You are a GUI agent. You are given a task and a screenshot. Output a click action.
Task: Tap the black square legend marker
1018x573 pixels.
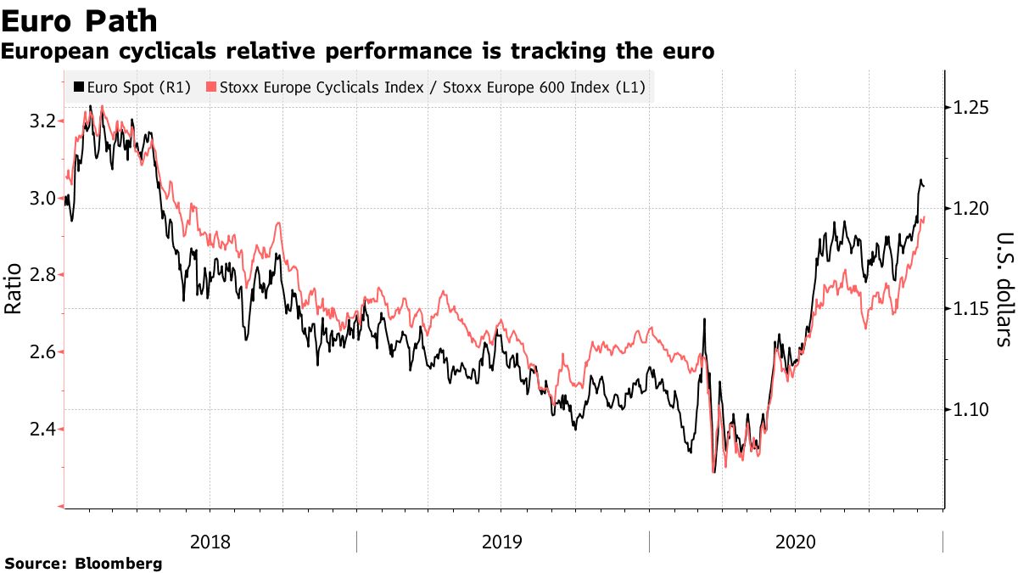(x=79, y=87)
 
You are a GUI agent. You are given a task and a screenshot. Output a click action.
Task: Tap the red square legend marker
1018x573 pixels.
(x=212, y=87)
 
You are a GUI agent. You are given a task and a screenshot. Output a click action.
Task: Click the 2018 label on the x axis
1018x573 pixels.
(x=210, y=542)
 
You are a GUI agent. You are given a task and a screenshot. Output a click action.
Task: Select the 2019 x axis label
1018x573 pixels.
(x=503, y=542)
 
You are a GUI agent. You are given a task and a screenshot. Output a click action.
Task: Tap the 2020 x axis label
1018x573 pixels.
(x=796, y=542)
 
